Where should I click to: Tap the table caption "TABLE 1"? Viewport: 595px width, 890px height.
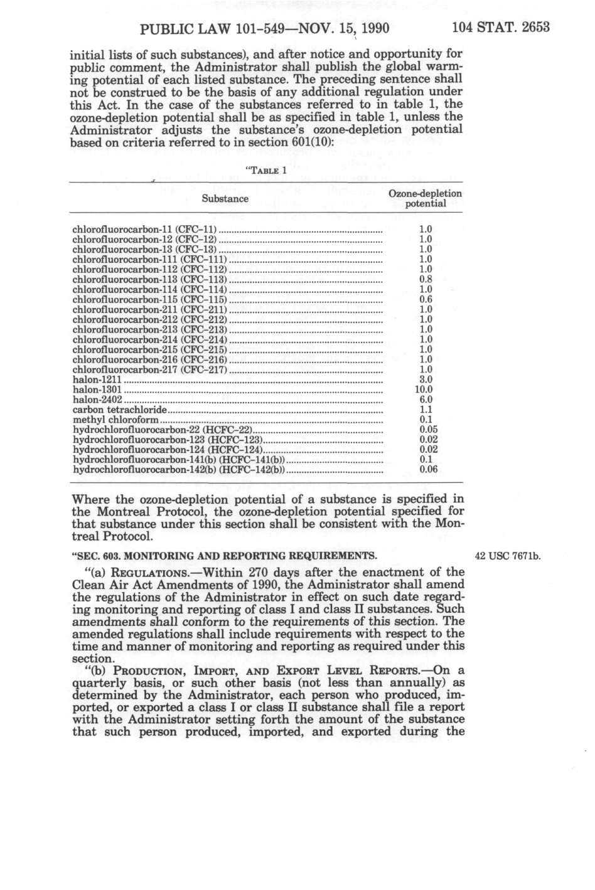pos(264,170)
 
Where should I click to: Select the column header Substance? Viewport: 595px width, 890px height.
pos(225,199)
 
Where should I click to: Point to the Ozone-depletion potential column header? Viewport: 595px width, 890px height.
pos(426,199)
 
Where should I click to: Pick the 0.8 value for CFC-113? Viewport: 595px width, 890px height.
pos(426,279)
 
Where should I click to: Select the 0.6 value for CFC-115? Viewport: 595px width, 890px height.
pos(426,299)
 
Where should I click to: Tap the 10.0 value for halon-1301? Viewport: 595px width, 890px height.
pos(425,389)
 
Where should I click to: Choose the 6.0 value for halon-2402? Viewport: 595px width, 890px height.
pos(426,400)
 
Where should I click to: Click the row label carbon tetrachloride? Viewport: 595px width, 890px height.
pos(120,410)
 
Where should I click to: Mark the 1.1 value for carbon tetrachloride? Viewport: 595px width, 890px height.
pos(426,410)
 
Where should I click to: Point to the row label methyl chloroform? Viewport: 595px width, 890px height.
pos(116,420)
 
